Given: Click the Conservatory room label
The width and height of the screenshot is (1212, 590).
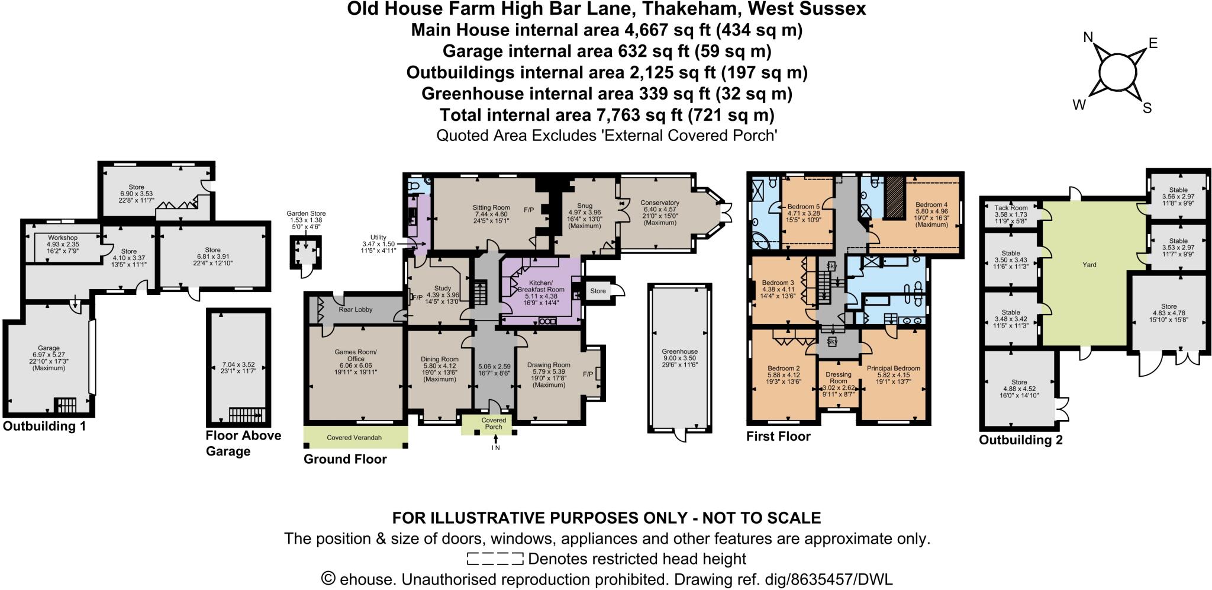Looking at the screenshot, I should click(x=659, y=203).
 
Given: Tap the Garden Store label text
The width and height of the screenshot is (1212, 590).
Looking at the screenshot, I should click(x=306, y=214).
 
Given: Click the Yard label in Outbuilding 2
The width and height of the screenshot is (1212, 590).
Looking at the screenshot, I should click(x=1089, y=265).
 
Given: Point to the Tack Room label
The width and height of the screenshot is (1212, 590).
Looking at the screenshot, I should click(x=1011, y=208).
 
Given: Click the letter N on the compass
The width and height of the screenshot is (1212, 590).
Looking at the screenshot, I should click(x=1088, y=38).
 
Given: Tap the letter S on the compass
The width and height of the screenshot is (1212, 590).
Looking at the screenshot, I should click(x=1147, y=108).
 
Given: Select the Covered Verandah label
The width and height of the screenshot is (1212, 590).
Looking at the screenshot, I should click(x=354, y=438).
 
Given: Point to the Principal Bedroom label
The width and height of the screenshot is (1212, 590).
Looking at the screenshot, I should click(x=893, y=368).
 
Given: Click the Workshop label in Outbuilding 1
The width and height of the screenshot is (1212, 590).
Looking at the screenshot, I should click(x=63, y=238).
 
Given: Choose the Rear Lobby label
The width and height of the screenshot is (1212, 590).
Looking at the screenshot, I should click(x=355, y=309).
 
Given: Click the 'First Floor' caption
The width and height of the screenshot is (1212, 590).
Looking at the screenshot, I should click(x=778, y=437).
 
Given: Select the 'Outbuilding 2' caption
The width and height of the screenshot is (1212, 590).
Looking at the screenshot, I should click(x=1020, y=440).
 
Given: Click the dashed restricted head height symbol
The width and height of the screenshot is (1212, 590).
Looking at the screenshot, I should click(x=495, y=559).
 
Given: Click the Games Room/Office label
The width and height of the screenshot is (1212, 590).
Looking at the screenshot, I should click(x=355, y=355).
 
